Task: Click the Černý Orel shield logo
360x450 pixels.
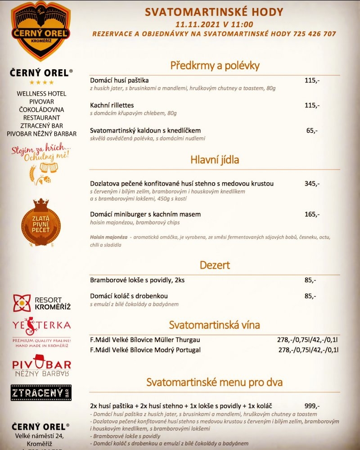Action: pyautogui.click(x=41, y=31)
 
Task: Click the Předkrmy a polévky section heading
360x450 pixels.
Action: pyautogui.click(x=215, y=66)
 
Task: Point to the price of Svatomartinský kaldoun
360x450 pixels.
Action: pyautogui.click(x=312, y=130)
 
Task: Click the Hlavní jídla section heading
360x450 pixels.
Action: pyautogui.click(x=215, y=159)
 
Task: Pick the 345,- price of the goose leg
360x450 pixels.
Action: pyautogui.click(x=312, y=184)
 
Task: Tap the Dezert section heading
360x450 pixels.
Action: pyautogui.click(x=215, y=265)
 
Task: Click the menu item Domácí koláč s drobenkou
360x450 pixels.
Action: pyautogui.click(x=129, y=296)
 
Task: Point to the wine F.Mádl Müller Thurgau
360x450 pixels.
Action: pyautogui.click(x=145, y=340)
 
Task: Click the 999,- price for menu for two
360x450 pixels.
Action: pyautogui.click(x=312, y=405)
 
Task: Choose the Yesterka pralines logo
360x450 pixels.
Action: pyautogui.click(x=41, y=329)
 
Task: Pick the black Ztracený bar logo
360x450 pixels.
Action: pyautogui.click(x=41, y=393)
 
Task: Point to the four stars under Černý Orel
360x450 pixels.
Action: pyautogui.click(x=41, y=82)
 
